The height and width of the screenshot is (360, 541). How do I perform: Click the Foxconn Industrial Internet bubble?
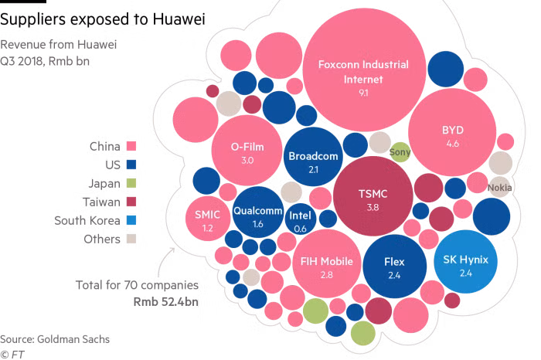(363, 73)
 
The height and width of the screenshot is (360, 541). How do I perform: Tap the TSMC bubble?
(372, 197)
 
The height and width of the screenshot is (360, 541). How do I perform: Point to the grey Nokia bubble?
(499, 187)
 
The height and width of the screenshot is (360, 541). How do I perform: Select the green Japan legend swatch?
(131, 183)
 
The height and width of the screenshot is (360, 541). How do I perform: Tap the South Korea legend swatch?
(131, 220)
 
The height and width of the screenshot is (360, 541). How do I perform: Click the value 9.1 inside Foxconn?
(363, 93)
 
